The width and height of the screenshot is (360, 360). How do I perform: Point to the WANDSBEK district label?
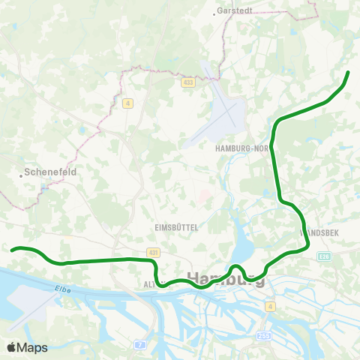point(319,233)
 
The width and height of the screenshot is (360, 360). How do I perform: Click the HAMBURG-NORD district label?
point(241,148)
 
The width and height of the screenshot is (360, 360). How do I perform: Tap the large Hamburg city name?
point(226,279)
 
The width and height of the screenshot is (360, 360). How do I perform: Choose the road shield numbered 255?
point(264,336)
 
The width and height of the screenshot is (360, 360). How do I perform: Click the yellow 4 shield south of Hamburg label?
point(270,306)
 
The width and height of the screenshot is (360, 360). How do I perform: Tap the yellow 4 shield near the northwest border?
point(128,103)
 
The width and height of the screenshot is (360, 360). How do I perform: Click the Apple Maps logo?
point(28,347)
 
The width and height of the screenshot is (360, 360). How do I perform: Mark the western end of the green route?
point(12,250)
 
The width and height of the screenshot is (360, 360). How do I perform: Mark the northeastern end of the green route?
point(349,72)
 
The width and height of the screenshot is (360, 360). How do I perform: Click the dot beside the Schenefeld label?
point(21,176)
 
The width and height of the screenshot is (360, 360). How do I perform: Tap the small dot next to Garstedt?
point(216,11)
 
